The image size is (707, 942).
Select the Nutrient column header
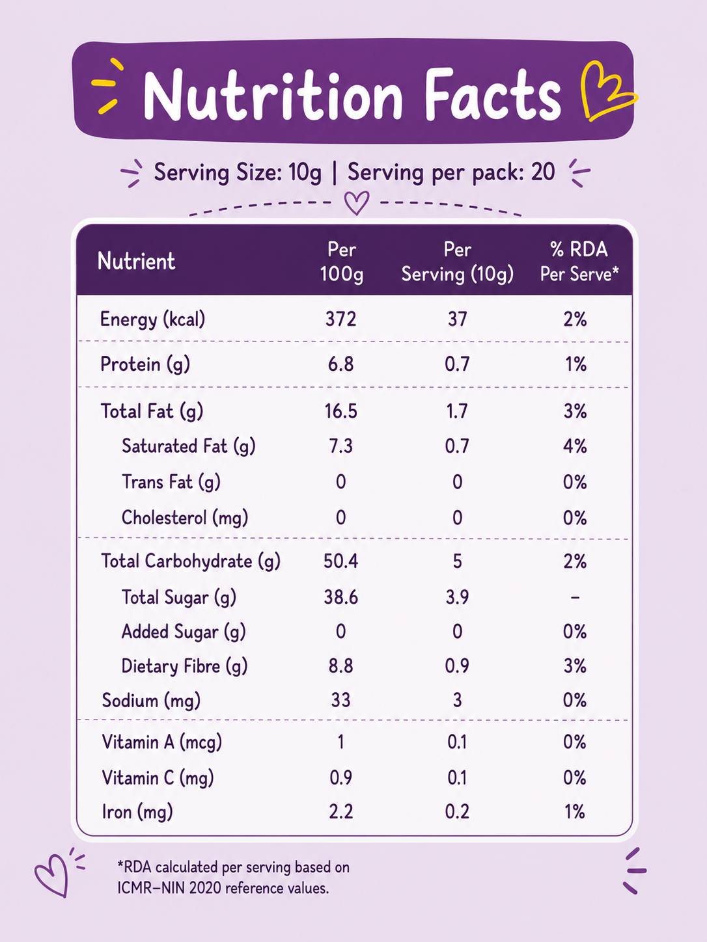(x=136, y=261)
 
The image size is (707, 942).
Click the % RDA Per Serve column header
(x=579, y=262)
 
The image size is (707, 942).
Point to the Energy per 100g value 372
(x=341, y=319)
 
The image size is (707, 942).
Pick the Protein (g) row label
(x=145, y=364)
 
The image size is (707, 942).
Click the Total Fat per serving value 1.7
(x=457, y=411)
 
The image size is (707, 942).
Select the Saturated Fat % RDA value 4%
(x=575, y=446)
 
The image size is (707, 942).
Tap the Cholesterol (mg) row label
(x=185, y=518)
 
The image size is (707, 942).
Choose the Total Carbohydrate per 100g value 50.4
(x=341, y=561)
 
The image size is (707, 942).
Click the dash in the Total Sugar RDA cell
(x=575, y=597)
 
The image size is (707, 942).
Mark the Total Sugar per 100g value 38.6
(x=341, y=597)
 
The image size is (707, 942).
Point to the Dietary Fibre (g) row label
(x=185, y=666)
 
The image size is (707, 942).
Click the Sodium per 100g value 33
(x=341, y=700)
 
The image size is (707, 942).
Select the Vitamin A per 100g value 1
(x=341, y=742)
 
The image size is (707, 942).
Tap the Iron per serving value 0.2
(x=457, y=811)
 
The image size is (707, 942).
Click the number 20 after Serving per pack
(x=543, y=172)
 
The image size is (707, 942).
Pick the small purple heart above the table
(x=357, y=202)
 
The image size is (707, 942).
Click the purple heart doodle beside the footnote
(x=52, y=874)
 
